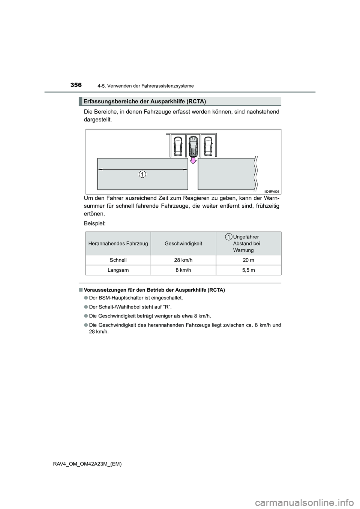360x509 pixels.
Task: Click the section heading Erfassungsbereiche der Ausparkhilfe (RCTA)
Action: coord(145,101)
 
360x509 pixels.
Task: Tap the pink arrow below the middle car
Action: coord(193,160)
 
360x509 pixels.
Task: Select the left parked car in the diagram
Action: coord(178,146)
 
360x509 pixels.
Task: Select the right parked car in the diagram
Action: coord(208,146)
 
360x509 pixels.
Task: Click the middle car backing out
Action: coord(193,146)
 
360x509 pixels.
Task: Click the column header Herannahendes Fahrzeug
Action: coord(118,244)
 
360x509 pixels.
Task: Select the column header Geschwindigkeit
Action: coord(183,244)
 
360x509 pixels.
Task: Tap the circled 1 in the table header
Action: coord(228,236)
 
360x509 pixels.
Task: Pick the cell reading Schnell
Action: coord(118,260)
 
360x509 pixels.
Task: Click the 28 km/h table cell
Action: coord(183,260)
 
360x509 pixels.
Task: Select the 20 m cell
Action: coord(248,260)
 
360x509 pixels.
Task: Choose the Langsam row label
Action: coord(118,270)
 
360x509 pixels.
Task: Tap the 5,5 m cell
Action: coord(248,270)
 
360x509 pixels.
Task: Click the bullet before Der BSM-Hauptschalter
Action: coord(86,298)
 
